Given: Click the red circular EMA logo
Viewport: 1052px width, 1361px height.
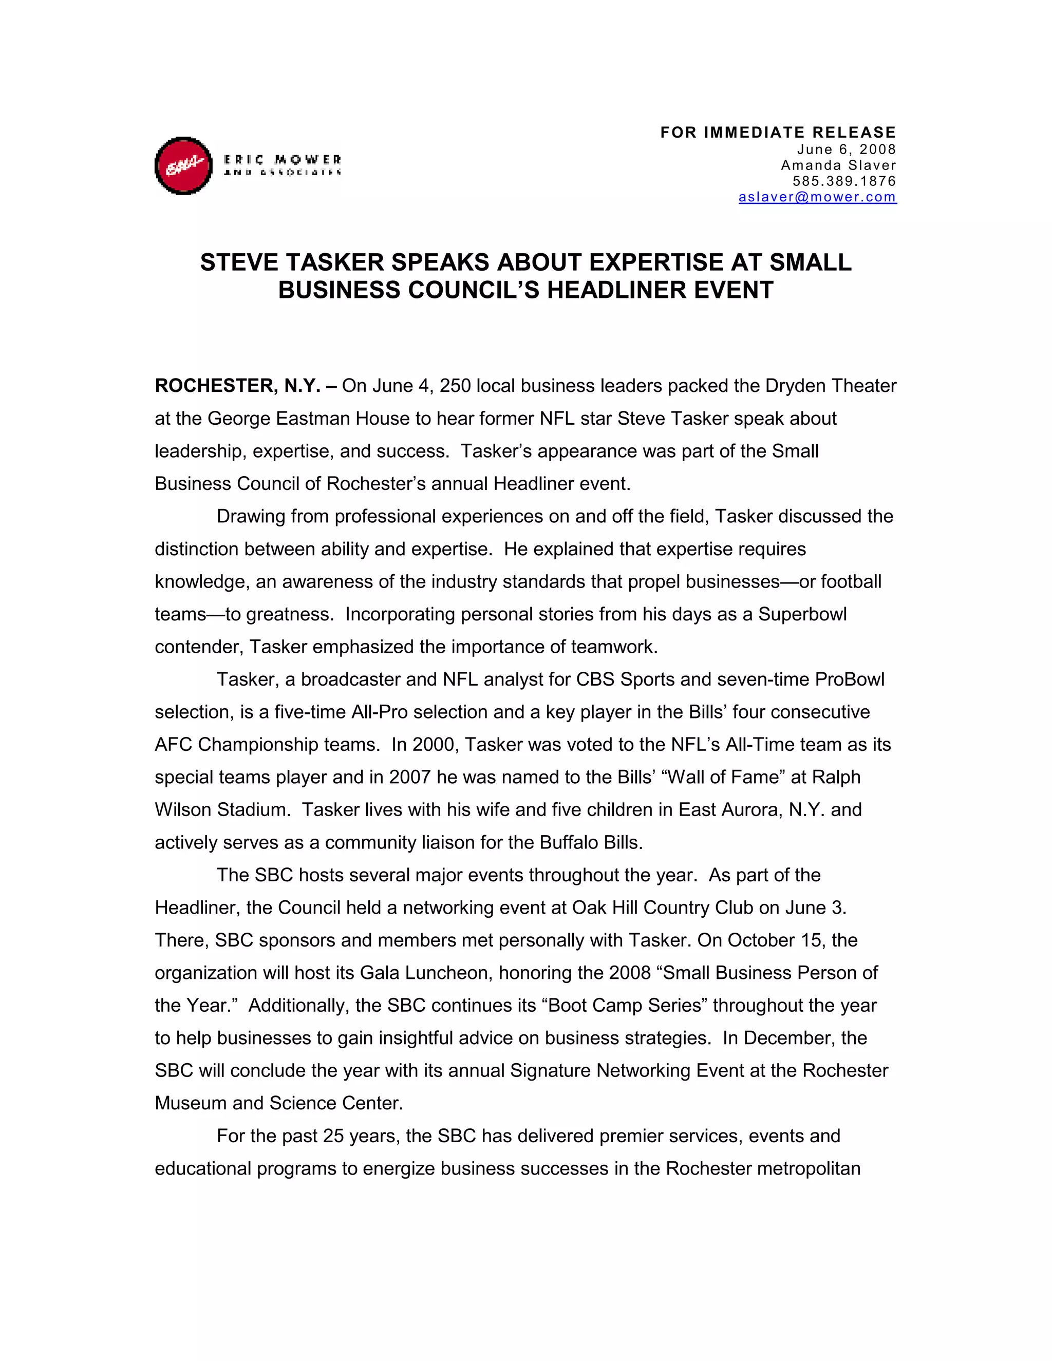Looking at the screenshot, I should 183,166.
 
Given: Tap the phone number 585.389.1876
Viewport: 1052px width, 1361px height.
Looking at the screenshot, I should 844,181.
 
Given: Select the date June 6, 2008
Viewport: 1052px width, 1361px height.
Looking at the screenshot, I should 847,149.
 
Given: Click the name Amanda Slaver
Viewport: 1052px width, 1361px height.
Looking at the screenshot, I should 838,165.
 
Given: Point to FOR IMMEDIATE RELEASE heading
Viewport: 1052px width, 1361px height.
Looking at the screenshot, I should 778,133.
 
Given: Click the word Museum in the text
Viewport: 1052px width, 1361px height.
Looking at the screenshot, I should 191,1104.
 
